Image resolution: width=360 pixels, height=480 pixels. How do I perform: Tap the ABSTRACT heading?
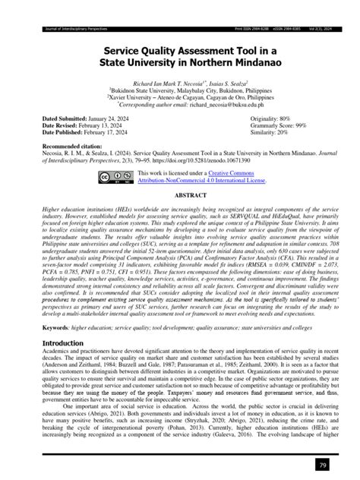(179, 194)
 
